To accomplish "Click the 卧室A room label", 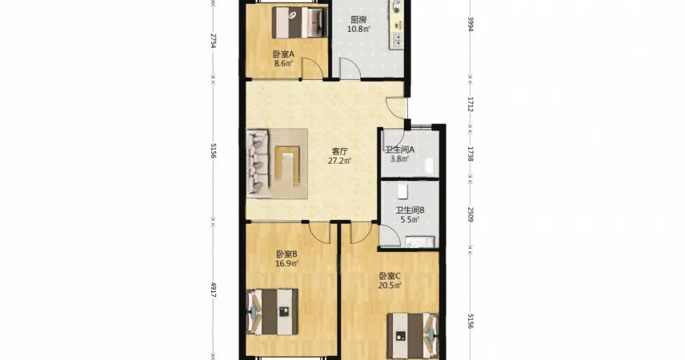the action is (283, 54).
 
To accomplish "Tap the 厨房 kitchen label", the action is (359, 20).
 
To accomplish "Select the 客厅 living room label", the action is (339, 152).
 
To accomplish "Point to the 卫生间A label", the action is (399, 150).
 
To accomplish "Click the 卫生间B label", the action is (410, 210).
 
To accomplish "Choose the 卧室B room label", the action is (286, 254).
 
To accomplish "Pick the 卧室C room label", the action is (390, 276).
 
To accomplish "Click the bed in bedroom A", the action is (299, 22).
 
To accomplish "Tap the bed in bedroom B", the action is (272, 312).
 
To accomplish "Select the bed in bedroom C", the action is (413, 335).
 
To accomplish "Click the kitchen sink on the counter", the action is (398, 40).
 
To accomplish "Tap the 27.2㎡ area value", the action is (339, 161).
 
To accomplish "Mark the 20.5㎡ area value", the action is (390, 286).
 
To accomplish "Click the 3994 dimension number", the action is (471, 24).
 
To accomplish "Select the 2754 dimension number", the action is (214, 40).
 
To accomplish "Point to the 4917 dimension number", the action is (214, 290).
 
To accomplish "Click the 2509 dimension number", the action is (471, 214).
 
